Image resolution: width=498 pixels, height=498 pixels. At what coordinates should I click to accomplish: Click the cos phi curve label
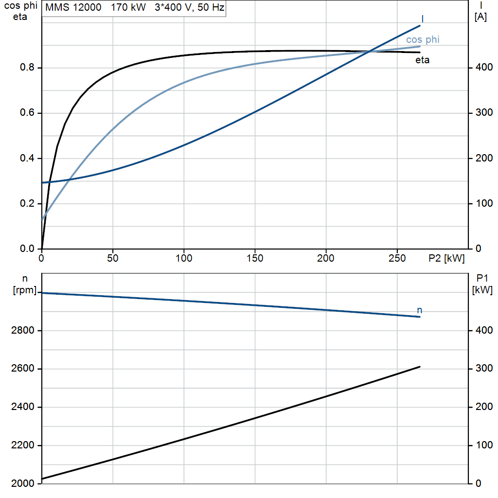coord(423,40)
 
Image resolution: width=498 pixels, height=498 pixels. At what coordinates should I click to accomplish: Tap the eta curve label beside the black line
coord(423,60)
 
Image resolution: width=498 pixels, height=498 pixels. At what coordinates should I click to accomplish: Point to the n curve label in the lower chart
coord(420,310)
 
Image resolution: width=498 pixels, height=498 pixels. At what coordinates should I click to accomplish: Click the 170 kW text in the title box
coord(128,7)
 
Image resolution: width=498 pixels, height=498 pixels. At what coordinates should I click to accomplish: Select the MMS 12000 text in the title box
coord(73,7)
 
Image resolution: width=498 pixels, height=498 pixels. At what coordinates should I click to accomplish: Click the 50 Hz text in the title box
coord(211,7)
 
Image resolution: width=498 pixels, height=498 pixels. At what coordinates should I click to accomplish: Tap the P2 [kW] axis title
coord(446,258)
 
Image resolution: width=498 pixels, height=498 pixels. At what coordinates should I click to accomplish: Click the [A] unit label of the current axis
coord(480,17)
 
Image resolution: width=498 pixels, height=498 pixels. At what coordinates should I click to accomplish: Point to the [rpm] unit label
coord(25,290)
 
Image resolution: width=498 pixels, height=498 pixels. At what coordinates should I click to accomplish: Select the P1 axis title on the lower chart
coord(482,278)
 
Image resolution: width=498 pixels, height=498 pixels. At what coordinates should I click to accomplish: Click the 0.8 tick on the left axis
coord(27,67)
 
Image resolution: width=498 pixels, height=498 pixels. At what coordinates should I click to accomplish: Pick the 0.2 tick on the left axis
coord(27,203)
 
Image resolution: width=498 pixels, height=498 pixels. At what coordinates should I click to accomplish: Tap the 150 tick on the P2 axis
coord(255,258)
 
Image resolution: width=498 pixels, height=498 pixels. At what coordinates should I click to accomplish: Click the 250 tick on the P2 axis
coord(397,258)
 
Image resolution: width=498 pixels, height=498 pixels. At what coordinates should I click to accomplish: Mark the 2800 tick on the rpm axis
coord(22,330)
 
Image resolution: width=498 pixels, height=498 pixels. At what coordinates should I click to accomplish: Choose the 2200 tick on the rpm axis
coord(22,445)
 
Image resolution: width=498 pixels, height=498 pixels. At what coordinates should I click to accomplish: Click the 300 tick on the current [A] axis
coord(484,112)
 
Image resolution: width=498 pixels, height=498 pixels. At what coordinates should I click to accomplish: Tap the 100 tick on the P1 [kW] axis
coord(484,445)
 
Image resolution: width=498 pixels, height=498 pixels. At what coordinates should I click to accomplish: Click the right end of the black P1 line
coord(420,367)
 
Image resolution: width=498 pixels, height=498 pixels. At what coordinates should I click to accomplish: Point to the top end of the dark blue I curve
coord(420,25)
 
